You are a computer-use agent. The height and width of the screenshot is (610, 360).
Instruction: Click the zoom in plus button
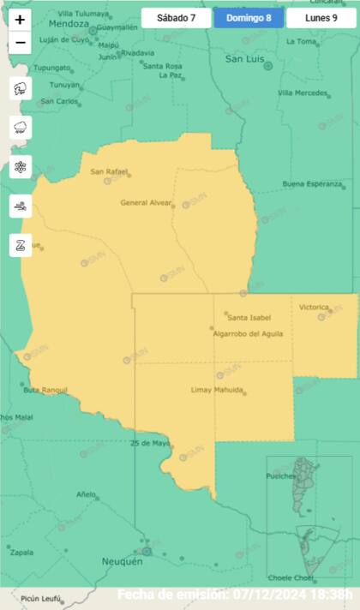point(21,19)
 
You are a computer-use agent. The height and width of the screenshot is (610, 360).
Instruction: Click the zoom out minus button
point(21,42)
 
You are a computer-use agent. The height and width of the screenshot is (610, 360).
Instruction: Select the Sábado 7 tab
point(176,18)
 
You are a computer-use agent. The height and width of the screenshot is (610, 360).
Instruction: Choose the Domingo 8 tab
point(249,18)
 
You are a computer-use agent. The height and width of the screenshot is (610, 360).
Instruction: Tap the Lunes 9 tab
point(321,18)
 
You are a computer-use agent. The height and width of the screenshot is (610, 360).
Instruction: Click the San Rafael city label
point(110,172)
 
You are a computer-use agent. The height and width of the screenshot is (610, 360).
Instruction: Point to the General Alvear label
point(146,203)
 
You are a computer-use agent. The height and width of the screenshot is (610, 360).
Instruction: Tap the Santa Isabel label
point(243,317)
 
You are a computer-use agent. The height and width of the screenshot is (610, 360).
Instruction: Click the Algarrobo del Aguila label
point(248,333)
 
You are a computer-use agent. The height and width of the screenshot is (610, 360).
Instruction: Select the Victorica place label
point(315,307)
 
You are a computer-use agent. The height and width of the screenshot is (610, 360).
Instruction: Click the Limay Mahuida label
point(217,390)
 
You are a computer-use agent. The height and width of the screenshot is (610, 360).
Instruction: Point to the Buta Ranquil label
point(45,390)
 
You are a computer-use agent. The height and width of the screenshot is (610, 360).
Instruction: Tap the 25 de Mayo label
point(150,443)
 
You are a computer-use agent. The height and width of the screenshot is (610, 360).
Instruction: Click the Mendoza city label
point(69,24)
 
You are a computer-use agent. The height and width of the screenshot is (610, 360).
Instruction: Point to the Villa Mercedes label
point(303,93)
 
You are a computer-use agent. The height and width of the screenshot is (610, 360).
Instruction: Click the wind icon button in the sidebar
point(21,206)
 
